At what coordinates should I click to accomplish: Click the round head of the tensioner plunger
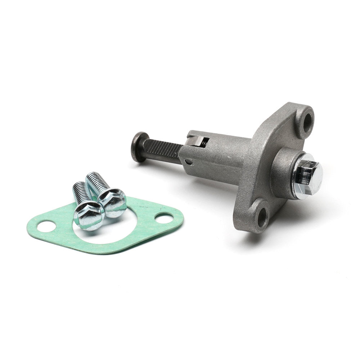coord(139,146)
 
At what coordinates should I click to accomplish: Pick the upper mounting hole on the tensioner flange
coord(307,122)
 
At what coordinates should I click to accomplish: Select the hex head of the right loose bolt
coord(112,203)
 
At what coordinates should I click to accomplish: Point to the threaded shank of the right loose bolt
coord(96,182)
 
